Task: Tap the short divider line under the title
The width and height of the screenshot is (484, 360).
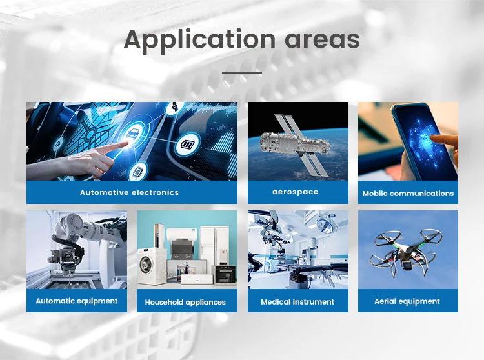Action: tap(242, 73)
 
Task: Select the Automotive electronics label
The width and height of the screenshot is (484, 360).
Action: tap(129, 192)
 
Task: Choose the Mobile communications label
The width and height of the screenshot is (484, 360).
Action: tap(408, 193)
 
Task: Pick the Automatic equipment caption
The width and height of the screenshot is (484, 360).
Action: tap(76, 301)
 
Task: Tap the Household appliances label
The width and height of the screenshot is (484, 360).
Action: tap(185, 302)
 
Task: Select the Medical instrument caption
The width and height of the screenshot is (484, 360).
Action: tap(297, 301)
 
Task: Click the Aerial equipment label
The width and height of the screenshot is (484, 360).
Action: tap(407, 301)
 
